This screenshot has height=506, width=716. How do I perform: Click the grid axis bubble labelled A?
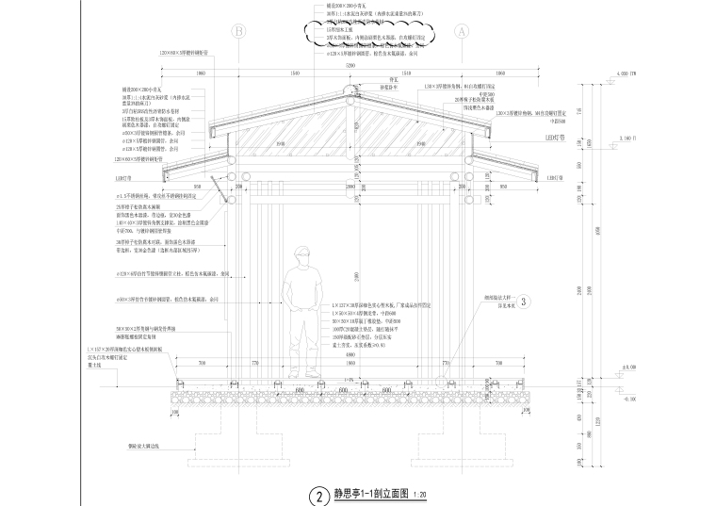(462, 31)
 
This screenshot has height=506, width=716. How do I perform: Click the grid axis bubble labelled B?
(239, 31)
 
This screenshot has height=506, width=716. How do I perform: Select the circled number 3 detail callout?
(525, 302)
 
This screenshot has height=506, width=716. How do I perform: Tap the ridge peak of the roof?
(350, 86)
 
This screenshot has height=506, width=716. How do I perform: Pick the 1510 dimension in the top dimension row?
(406, 73)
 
